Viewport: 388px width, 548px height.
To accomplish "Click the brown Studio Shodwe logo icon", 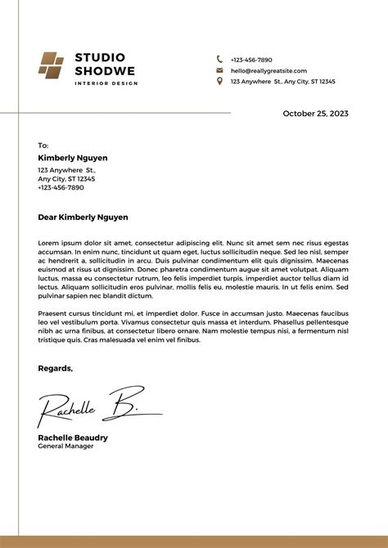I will [51, 65].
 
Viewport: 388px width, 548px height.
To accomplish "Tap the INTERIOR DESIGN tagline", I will [105, 84].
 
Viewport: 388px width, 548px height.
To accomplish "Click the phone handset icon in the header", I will [219, 60].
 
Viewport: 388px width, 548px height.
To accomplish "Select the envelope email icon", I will [219, 70].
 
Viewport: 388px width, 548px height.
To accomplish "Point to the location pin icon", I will [219, 81].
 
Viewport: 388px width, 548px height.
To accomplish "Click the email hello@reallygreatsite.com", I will [268, 71].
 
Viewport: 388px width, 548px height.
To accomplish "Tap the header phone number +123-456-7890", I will [251, 60].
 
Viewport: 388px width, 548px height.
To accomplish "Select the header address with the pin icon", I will [282, 82].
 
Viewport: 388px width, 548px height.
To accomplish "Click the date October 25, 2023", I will [315, 114].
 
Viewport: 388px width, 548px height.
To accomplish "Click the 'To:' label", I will [43, 145].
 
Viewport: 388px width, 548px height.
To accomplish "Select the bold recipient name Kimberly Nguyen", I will [73, 158].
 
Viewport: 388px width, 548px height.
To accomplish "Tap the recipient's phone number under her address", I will [61, 187].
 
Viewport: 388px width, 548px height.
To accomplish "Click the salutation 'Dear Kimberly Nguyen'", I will [83, 218].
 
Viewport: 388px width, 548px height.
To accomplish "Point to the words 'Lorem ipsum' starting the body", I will [57, 244].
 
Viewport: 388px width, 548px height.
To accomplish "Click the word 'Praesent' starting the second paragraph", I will [53, 313].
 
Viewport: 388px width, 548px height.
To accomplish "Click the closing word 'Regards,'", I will [55, 368].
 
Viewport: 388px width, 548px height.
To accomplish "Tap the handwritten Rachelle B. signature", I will [90, 406].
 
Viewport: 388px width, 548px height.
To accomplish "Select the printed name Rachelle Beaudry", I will [73, 438].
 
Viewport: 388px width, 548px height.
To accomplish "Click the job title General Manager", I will [65, 447].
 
